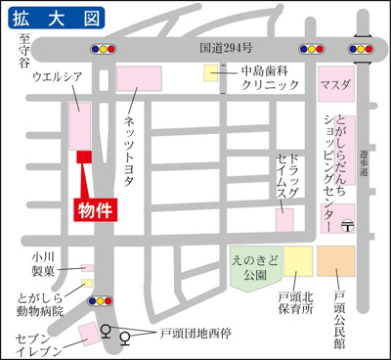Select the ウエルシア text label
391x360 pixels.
click(57, 75)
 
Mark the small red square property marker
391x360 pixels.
click(84, 157)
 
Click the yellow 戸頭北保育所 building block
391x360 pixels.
click(298, 261)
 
